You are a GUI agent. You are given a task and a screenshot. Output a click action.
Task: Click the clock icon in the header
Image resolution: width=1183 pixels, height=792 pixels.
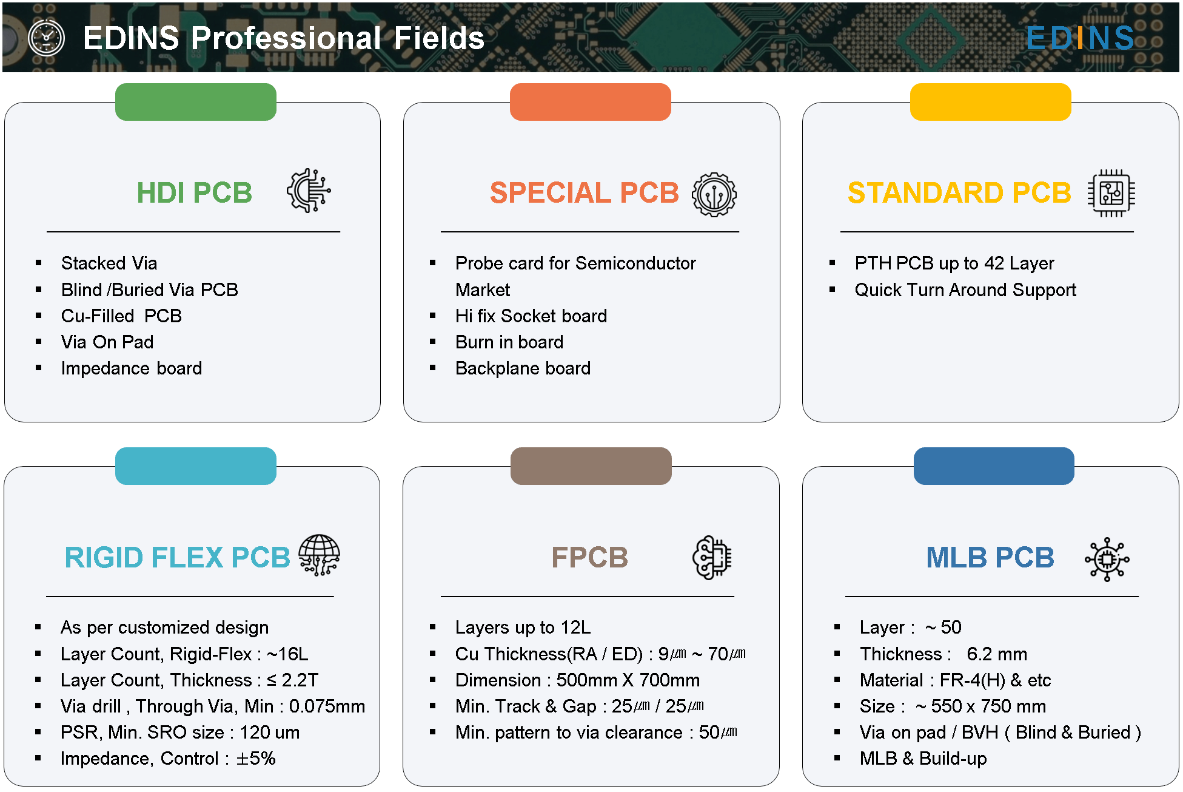(46, 38)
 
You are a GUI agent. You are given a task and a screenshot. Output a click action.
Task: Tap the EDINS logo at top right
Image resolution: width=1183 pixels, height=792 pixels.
(1080, 38)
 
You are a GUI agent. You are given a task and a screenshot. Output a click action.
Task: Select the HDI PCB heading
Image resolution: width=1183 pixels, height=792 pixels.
(194, 192)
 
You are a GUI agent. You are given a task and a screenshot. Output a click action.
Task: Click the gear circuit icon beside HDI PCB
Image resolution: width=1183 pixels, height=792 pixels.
(309, 191)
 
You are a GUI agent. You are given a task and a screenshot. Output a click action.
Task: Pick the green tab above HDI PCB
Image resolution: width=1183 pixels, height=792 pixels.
(196, 102)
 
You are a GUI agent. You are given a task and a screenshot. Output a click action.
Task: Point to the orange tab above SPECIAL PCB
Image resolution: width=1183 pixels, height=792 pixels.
(591, 102)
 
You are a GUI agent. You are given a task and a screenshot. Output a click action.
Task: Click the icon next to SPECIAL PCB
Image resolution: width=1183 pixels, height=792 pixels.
(714, 194)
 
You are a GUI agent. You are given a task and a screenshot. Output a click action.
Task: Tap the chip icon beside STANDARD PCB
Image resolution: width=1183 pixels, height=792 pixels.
(1111, 193)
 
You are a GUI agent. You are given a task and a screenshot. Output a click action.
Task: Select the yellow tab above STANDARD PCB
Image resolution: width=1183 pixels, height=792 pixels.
(991, 102)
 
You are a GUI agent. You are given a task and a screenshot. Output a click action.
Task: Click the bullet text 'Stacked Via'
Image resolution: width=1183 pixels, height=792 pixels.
(109, 263)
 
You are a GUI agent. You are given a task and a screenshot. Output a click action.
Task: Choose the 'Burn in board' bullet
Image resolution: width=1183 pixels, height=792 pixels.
(509, 342)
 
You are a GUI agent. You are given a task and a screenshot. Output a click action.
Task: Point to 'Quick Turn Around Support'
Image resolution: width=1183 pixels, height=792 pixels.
(965, 290)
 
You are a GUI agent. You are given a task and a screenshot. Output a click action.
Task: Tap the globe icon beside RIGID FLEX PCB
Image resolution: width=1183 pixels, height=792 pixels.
(319, 555)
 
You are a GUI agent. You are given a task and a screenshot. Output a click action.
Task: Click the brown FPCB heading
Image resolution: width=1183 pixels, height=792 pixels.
(589, 557)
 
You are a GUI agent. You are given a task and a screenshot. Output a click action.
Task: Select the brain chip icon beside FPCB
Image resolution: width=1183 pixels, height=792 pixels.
(712, 558)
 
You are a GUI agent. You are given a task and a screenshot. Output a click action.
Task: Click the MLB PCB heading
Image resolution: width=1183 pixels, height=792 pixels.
(990, 557)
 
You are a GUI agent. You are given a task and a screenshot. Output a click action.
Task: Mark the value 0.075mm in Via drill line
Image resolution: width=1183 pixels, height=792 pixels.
(327, 706)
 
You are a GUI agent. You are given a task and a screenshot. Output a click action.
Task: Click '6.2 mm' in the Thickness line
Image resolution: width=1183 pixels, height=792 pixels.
(997, 654)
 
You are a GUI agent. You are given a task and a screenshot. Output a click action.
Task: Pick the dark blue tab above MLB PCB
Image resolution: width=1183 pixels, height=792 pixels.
(994, 466)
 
